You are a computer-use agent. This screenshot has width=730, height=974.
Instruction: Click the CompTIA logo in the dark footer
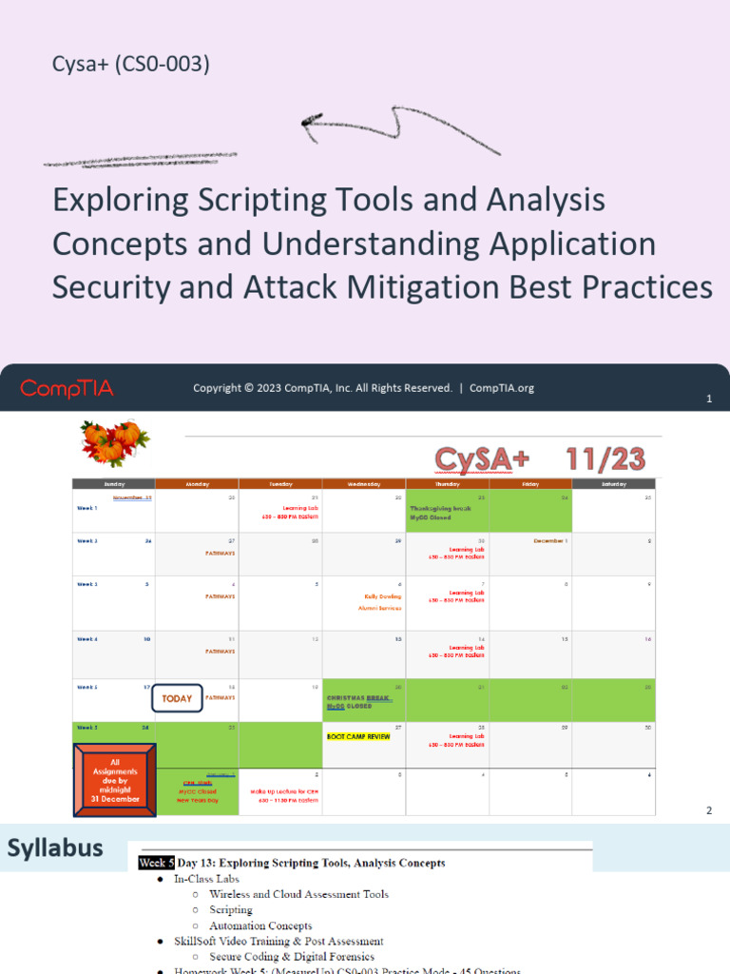pyautogui.click(x=67, y=388)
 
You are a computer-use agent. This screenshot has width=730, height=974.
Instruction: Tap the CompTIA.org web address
pyautogui.click(x=502, y=388)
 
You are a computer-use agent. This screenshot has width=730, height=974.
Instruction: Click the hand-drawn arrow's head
pyautogui.click(x=310, y=122)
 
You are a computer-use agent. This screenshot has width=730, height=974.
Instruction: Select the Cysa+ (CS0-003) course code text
pyautogui.click(x=131, y=65)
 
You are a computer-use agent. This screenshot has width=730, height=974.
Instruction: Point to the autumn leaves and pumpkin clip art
pyautogui.click(x=111, y=441)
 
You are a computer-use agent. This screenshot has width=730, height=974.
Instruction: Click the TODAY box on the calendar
pyautogui.click(x=177, y=698)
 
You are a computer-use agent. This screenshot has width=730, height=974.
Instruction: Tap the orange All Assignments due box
pyautogui.click(x=114, y=780)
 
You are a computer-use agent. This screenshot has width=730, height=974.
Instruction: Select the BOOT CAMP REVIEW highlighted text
pyautogui.click(x=358, y=736)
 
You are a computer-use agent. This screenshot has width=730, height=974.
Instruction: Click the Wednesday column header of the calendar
pyautogui.click(x=364, y=484)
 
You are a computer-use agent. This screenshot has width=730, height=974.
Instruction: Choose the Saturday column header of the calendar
pyautogui.click(x=614, y=484)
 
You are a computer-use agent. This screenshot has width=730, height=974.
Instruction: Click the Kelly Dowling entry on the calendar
pyautogui.click(x=382, y=596)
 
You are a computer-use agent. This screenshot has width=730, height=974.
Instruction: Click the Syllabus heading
pyautogui.click(x=55, y=848)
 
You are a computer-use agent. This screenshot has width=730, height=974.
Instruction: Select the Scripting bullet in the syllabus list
pyautogui.click(x=231, y=909)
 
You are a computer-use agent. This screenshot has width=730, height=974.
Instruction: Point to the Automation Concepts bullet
pyautogui.click(x=260, y=925)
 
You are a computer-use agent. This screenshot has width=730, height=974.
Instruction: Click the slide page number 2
pyautogui.click(x=708, y=810)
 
